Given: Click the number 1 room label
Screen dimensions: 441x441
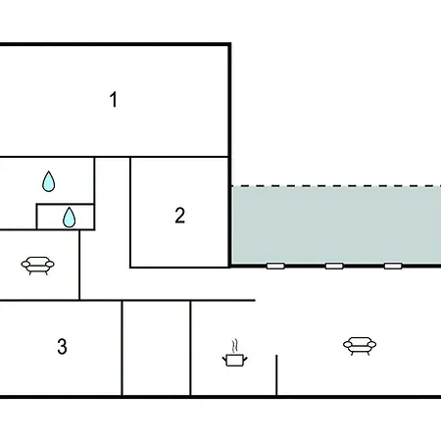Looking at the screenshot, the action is click(x=114, y=99).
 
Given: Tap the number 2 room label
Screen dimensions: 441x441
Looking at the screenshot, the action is click(x=180, y=216).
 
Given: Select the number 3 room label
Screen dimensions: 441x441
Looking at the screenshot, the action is click(x=62, y=346).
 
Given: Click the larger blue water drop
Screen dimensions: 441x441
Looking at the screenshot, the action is click(x=49, y=181).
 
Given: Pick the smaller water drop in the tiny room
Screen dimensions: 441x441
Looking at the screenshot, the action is click(x=69, y=218).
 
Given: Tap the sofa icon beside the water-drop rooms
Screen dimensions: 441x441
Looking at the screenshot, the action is click(x=37, y=266).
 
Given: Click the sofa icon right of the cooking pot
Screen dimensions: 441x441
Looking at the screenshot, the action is click(x=360, y=346).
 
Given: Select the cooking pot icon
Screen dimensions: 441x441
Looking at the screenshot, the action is click(x=234, y=361).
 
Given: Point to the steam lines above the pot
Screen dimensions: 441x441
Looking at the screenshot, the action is click(x=234, y=346).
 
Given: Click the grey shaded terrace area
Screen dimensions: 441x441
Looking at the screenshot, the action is click(x=336, y=225).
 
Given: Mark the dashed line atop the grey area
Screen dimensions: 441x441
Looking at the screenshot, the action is click(x=336, y=186).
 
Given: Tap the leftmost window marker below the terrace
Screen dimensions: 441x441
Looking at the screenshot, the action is click(x=275, y=266).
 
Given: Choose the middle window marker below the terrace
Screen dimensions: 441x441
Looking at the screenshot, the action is click(x=334, y=266).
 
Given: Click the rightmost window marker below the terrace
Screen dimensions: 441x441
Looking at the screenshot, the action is click(x=393, y=266).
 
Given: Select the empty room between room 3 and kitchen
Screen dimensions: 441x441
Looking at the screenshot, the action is click(x=156, y=348).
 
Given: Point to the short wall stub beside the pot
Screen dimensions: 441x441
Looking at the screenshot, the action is click(x=276, y=375).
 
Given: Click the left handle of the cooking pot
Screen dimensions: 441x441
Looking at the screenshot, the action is click(x=224, y=360).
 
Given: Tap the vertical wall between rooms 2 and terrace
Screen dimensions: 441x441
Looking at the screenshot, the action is click(x=229, y=212).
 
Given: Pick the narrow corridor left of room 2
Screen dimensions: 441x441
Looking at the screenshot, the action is click(x=113, y=213).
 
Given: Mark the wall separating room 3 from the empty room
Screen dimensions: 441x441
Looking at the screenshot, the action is click(x=122, y=348).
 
